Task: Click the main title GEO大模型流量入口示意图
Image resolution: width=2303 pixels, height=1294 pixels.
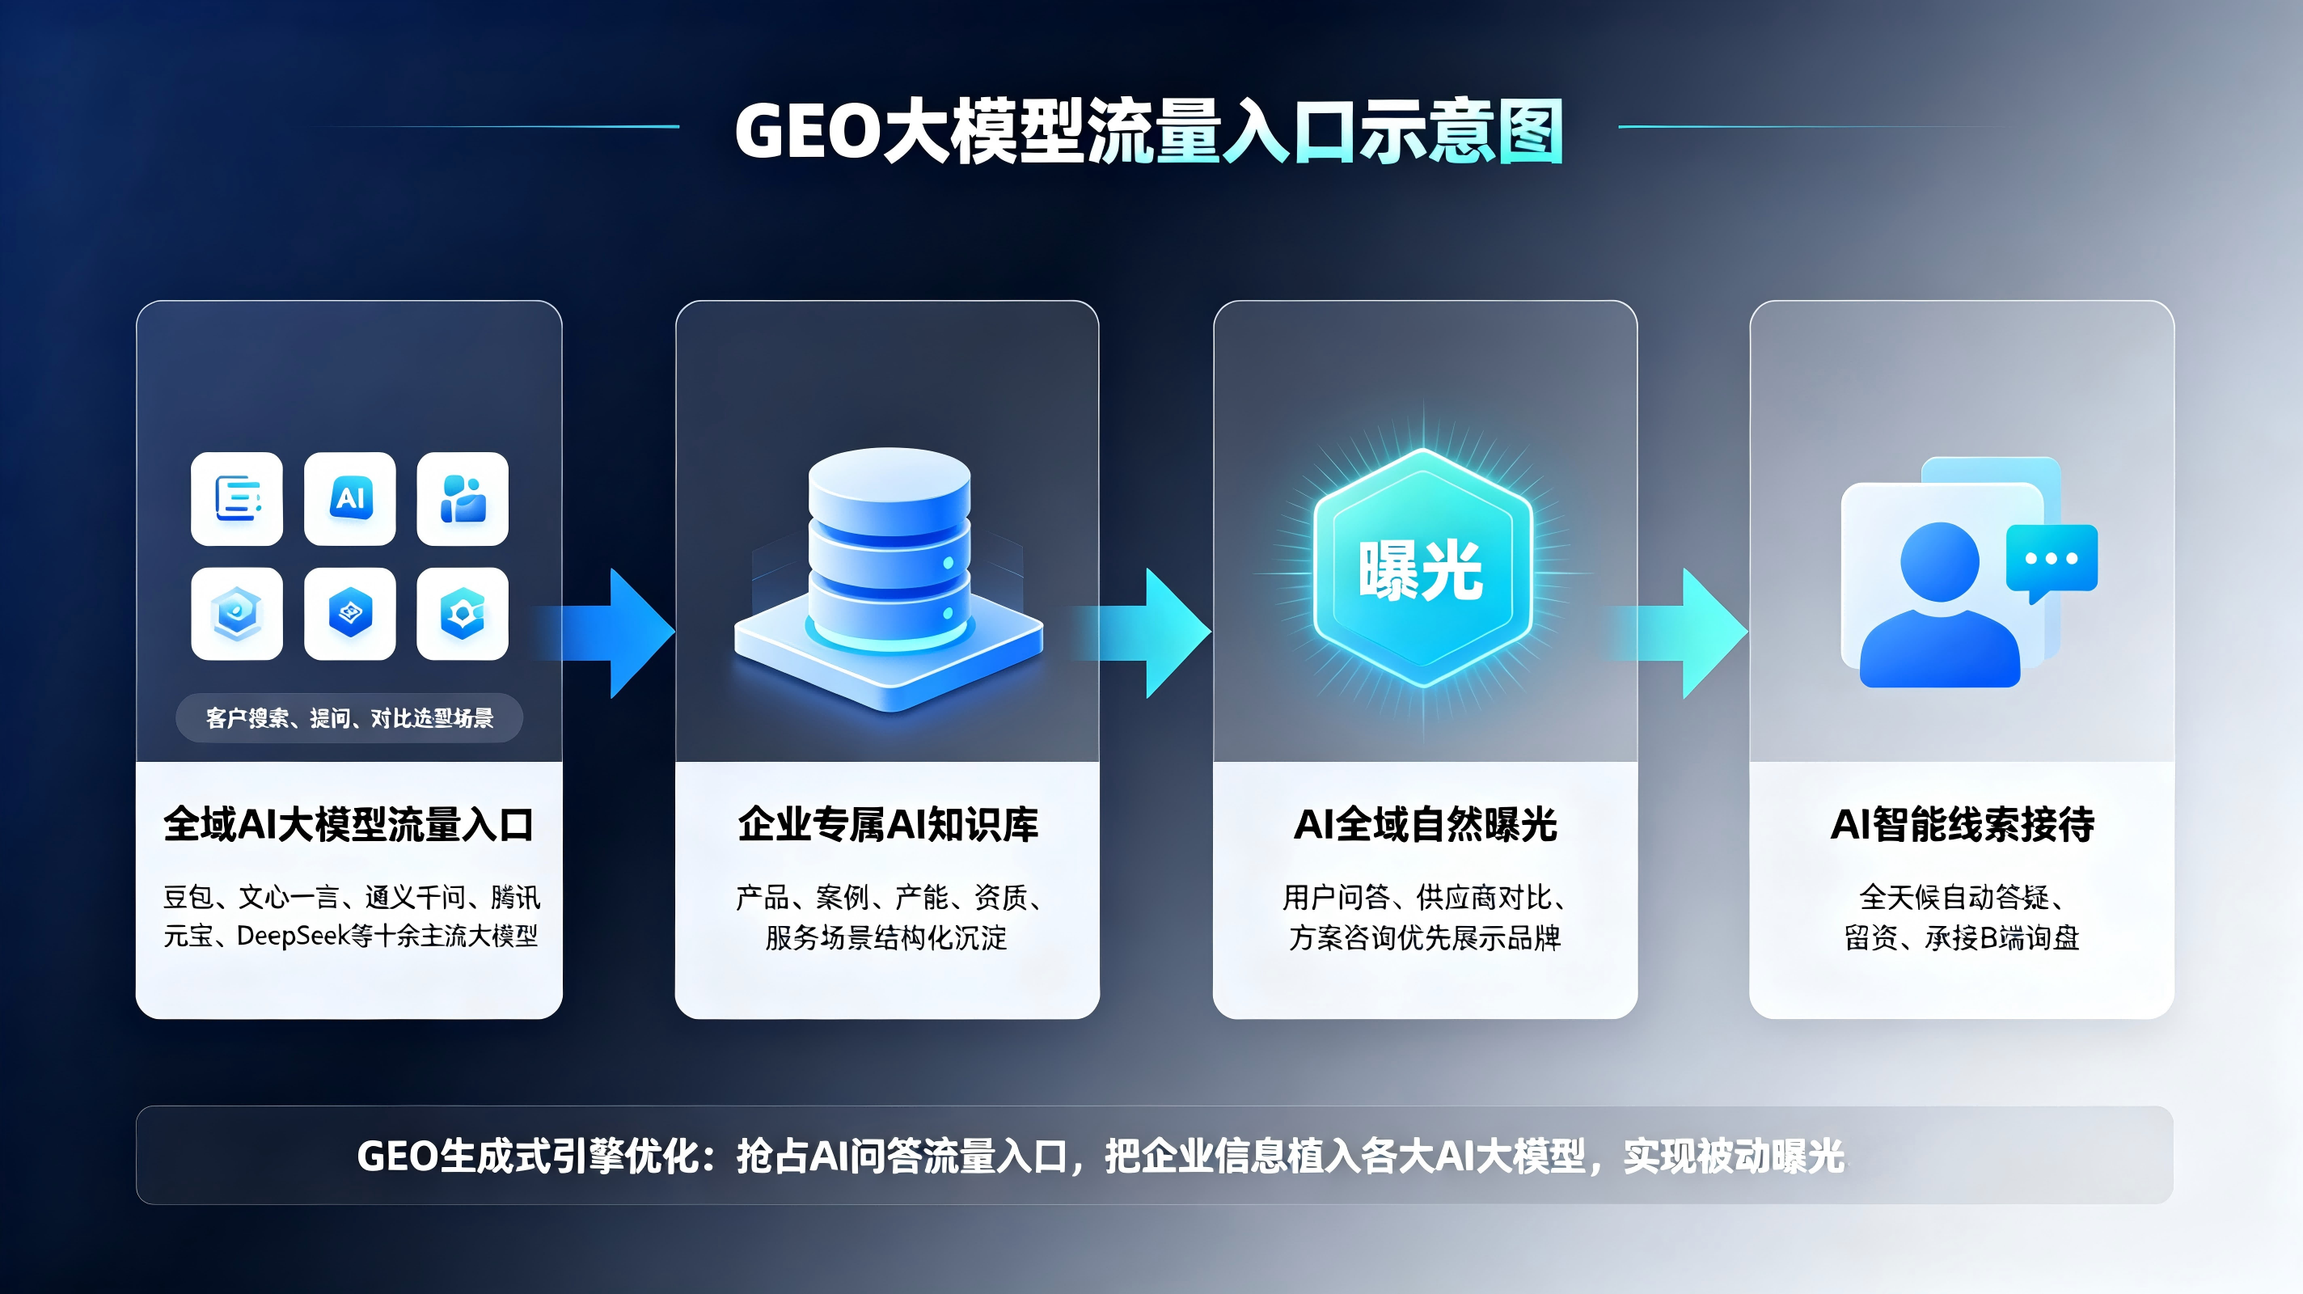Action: click(1149, 132)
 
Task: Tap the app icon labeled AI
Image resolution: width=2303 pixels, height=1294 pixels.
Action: click(349, 498)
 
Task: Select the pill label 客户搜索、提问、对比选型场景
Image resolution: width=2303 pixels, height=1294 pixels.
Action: click(349, 717)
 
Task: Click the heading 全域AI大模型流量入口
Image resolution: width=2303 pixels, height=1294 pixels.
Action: click(349, 823)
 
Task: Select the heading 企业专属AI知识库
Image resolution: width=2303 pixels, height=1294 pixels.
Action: click(888, 823)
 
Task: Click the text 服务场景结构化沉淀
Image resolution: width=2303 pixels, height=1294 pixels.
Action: click(886, 937)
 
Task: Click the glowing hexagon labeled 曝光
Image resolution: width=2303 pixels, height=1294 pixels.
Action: click(1422, 569)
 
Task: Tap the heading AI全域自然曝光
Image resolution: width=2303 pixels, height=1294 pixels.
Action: click(1425, 823)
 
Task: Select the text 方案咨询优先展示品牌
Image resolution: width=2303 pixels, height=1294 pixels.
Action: click(1425, 937)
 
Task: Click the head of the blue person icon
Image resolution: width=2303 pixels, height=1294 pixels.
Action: click(1939, 561)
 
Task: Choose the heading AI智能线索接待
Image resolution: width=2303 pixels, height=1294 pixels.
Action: click(1963, 823)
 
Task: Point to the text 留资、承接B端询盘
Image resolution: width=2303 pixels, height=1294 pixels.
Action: click(1963, 937)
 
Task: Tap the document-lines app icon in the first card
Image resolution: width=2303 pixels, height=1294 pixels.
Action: click(237, 498)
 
